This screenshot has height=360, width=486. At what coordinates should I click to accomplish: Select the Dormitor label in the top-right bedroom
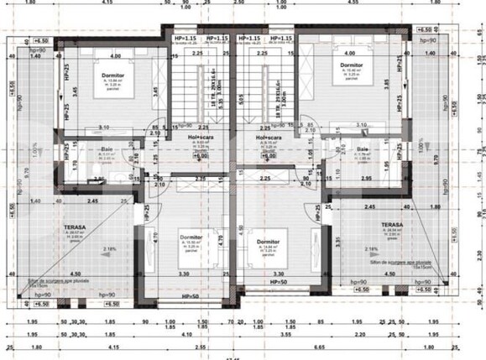pos(352,65)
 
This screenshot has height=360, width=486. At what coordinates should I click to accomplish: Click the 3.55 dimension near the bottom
pos(285,334)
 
